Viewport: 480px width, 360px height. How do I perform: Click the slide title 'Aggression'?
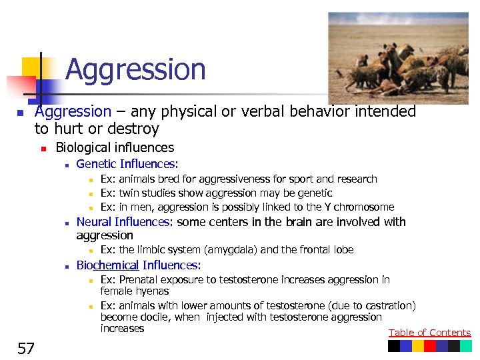(135, 69)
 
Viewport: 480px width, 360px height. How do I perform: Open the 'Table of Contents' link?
(429, 333)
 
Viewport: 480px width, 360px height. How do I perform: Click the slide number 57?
(26, 348)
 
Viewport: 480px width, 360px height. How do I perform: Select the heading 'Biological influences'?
(114, 147)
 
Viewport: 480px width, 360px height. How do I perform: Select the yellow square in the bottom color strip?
(417, 346)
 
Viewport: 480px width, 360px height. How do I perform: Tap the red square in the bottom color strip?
(429, 346)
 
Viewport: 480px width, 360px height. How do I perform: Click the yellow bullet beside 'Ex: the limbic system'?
(90, 250)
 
